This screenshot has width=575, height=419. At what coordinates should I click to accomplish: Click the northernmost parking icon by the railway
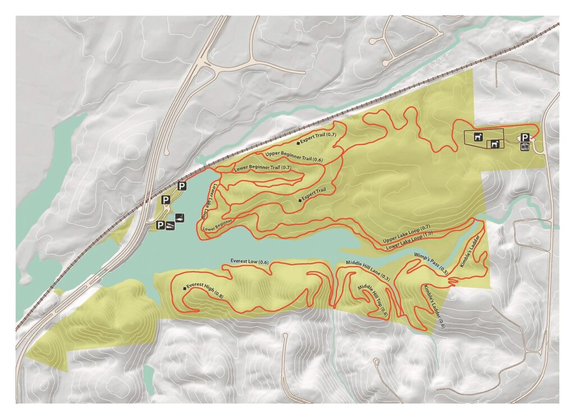(182, 186)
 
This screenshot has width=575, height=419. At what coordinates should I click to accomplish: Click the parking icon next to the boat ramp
(161, 226)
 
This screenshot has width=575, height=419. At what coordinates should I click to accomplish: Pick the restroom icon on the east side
(524, 147)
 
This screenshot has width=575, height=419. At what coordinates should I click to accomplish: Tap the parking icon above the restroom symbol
(524, 137)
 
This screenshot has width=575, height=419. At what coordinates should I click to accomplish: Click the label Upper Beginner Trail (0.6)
(293, 157)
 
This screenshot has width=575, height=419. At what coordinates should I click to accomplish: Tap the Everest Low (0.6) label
(249, 262)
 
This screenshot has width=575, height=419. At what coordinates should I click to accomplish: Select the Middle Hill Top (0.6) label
(373, 300)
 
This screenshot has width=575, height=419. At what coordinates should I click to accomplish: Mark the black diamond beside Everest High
(184, 288)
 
